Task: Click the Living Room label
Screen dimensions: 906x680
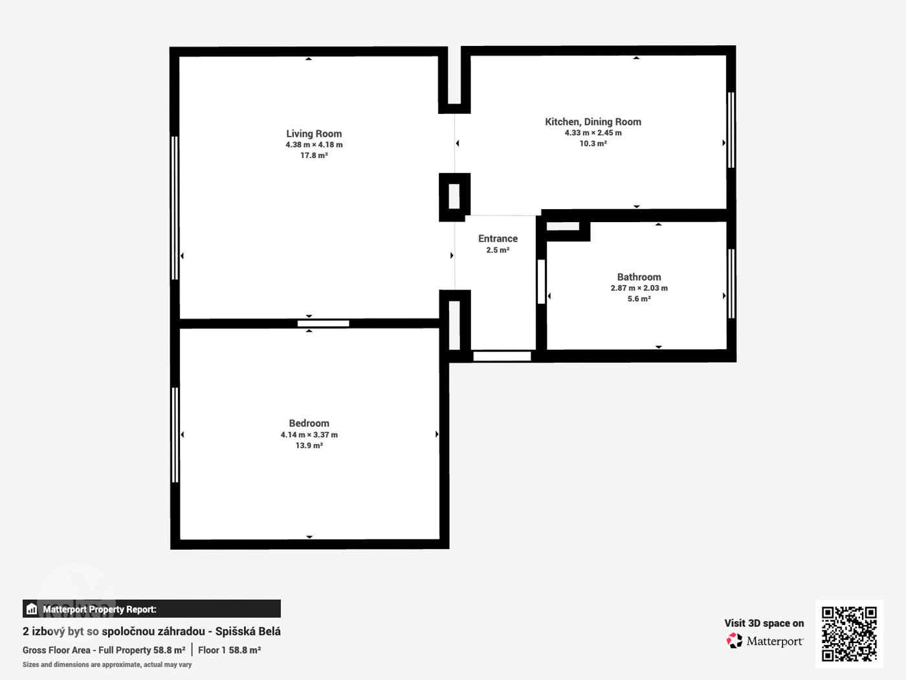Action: pyautogui.click(x=314, y=134)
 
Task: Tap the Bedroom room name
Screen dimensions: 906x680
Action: pyautogui.click(x=309, y=423)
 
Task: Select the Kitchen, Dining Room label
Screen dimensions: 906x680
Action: pyautogui.click(x=593, y=122)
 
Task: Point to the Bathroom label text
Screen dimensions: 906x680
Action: pyautogui.click(x=639, y=277)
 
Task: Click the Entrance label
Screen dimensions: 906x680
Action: pyautogui.click(x=498, y=238)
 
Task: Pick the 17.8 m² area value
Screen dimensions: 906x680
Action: pyautogui.click(x=314, y=155)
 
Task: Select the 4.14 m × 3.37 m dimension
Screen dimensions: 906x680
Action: pyautogui.click(x=309, y=435)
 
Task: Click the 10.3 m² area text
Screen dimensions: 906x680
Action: pyautogui.click(x=593, y=143)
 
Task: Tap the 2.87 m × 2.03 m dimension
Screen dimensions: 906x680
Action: pyautogui.click(x=639, y=288)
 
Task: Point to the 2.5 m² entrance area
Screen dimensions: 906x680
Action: pyautogui.click(x=498, y=250)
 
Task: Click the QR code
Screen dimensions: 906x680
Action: pyautogui.click(x=849, y=634)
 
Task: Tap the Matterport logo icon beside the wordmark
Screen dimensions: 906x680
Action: pyautogui.click(x=735, y=640)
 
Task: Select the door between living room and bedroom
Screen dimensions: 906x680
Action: pyautogui.click(x=323, y=324)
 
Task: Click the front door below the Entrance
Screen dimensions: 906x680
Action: pyautogui.click(x=502, y=356)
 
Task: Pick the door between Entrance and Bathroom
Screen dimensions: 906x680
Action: pyautogui.click(x=541, y=282)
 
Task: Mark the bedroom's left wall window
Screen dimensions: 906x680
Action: pyautogui.click(x=175, y=435)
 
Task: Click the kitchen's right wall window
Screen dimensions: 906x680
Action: pyautogui.click(x=731, y=130)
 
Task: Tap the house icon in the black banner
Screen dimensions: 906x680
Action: pyautogui.click(x=32, y=609)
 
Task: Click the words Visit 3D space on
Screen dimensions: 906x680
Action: pyautogui.click(x=764, y=624)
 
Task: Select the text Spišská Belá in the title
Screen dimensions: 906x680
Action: pyautogui.click(x=248, y=631)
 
